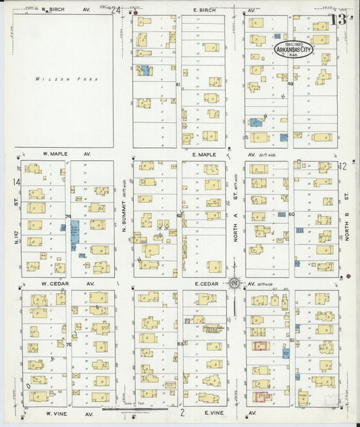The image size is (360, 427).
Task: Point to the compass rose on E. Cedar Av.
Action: [234, 283]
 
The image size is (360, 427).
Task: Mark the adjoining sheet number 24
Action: [116, 10]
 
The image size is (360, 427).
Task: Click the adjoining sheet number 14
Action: [16, 182]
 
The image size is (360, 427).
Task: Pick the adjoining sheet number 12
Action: [342, 166]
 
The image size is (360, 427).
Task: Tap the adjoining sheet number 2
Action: [182, 411]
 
